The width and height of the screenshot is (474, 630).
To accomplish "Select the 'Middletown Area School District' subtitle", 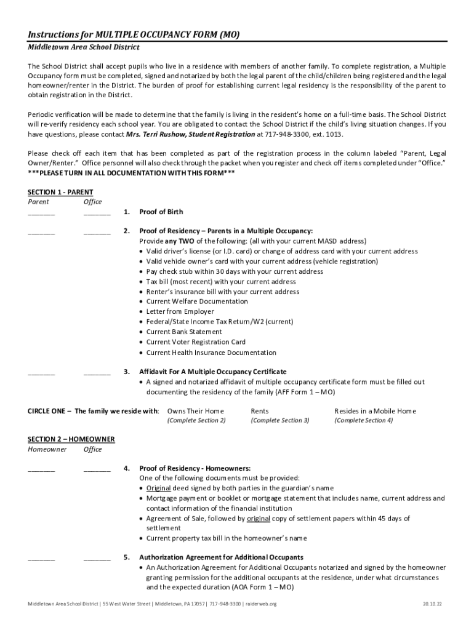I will (84, 47).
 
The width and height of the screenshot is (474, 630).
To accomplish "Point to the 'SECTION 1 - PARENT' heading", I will (60, 192).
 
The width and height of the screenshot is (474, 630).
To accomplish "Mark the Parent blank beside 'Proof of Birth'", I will (41, 213).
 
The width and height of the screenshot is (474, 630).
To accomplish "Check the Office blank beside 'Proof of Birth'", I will (97, 213).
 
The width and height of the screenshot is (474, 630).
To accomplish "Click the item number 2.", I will (126, 231).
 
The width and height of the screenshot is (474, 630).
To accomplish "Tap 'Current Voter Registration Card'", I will (196, 342).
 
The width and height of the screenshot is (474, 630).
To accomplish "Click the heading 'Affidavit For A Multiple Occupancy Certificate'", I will (212, 372).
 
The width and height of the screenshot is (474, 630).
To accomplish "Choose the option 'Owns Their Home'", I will (196, 411).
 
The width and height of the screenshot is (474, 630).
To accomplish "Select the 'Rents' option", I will (260, 411).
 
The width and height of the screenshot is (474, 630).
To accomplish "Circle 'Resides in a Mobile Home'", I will (375, 411).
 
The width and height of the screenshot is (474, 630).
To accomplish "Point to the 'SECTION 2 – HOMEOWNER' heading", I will (71, 439).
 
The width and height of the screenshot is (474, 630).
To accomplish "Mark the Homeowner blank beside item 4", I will (41, 469).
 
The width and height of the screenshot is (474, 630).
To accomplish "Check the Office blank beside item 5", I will (97, 558).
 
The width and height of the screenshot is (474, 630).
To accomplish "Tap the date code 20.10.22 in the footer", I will (432, 604).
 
